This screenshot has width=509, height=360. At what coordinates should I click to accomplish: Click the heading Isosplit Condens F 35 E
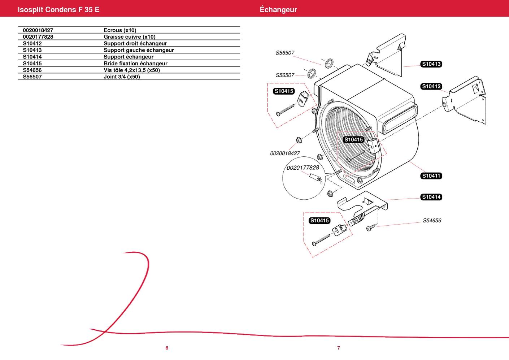[58, 9]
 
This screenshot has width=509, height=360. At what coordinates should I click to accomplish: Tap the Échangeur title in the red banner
[278, 9]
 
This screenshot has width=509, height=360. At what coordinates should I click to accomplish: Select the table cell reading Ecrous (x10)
[120, 30]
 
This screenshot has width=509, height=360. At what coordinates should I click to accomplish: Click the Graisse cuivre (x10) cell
[130, 37]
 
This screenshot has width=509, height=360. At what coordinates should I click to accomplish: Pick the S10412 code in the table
[32, 43]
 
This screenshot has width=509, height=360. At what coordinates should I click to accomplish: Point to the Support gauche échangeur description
[139, 50]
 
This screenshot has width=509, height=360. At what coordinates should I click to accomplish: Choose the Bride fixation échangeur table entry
[135, 64]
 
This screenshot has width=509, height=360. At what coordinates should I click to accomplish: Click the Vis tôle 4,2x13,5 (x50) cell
[132, 70]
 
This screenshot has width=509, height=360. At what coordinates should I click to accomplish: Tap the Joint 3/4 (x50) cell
[122, 77]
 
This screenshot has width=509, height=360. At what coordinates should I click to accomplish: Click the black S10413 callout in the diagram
[431, 64]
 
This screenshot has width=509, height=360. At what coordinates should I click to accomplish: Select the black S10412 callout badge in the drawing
[431, 86]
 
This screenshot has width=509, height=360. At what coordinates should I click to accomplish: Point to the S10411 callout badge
[431, 176]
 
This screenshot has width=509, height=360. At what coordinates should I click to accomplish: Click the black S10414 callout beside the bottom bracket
[431, 197]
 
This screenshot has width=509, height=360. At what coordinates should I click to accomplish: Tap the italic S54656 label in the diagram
[432, 221]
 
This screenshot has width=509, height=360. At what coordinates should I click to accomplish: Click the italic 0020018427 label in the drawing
[285, 153]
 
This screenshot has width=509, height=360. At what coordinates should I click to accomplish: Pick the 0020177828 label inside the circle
[303, 168]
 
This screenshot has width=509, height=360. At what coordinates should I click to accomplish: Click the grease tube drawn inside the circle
[316, 178]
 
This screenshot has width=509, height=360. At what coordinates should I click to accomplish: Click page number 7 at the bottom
[339, 348]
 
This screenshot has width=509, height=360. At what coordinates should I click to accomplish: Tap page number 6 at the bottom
[167, 348]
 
